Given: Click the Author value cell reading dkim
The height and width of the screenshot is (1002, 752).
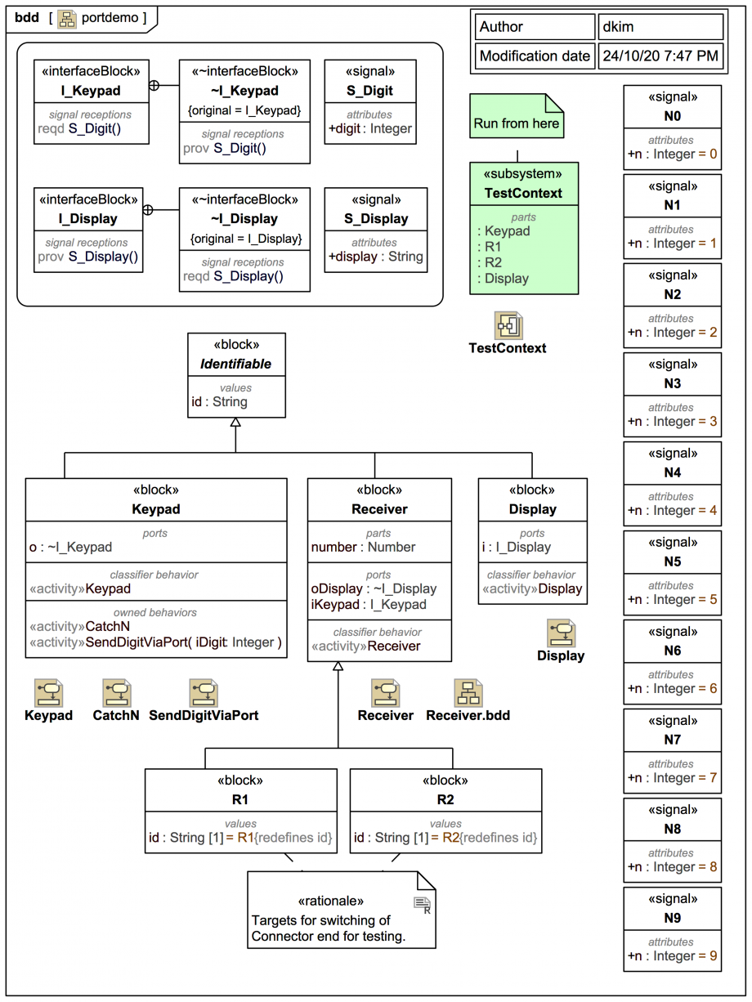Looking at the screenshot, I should coord(660,27).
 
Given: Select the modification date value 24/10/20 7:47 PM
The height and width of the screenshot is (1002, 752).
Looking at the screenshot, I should coord(660,56).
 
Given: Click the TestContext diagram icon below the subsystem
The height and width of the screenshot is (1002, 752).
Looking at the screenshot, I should coord(508,325).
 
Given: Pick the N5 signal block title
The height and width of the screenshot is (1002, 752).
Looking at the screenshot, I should coord(672,561).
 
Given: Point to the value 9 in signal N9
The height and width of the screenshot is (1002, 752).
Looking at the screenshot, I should coord(714,955).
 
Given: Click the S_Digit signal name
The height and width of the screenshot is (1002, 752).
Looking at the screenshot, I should coord(375,91).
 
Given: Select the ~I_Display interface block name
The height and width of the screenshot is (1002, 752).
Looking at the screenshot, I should coord(244,219).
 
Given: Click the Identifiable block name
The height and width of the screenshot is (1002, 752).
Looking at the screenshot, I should coord(236,364).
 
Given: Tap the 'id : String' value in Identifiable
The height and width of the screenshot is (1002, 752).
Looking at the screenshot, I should coord(219,401).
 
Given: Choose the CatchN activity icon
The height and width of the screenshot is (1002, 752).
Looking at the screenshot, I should coord(117,693).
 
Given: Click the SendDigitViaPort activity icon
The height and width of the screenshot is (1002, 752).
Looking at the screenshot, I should coord(204,693).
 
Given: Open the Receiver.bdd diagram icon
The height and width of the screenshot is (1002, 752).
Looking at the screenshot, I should coord(468,693).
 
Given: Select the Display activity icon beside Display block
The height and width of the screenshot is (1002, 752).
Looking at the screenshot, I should coord(561,633).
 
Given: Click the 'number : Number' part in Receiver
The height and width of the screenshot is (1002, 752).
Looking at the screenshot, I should coord(363,547).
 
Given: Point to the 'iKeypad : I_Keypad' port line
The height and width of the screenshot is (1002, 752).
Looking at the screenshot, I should coord(369,605).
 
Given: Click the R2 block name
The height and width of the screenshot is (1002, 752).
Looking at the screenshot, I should coord(445,799).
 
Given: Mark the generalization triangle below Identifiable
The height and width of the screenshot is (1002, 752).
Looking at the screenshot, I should coord(235,423).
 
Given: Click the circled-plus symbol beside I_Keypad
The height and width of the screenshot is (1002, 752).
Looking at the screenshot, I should coord(154,85).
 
